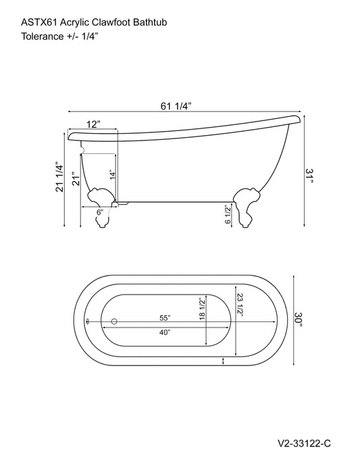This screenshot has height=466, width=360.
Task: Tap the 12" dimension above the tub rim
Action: (x=93, y=124)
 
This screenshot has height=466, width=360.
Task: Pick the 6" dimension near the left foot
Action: (x=99, y=211)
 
